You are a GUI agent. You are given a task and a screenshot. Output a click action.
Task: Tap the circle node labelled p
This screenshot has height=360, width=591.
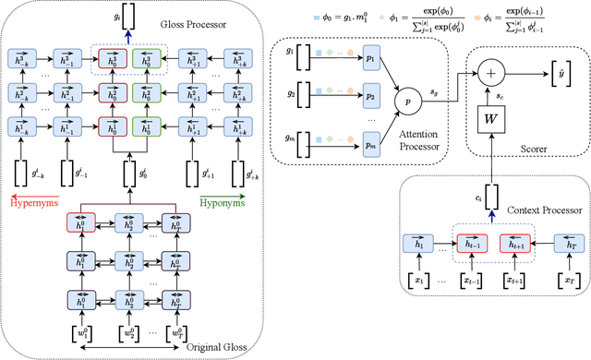pos(403,95)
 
